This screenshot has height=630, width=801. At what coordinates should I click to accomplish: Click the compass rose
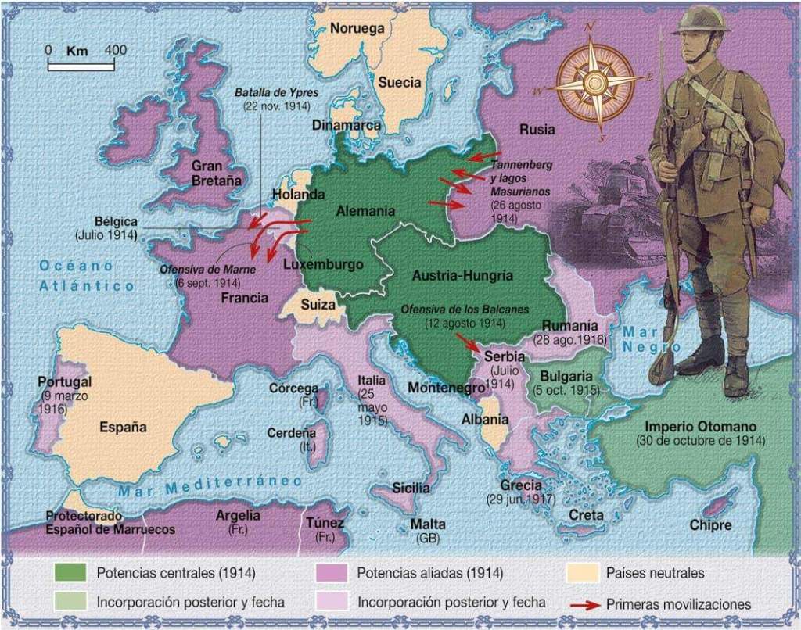596,82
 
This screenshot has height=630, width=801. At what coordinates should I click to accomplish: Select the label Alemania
365,211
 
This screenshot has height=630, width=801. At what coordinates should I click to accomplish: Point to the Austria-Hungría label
462,276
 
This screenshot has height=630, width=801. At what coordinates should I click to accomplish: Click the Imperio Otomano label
700,428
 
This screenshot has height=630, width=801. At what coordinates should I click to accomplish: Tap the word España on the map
124,428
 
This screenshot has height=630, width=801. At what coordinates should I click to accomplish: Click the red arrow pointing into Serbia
469,342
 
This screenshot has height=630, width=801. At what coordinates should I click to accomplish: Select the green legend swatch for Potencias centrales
70,573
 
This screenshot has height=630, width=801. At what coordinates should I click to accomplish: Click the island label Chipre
710,524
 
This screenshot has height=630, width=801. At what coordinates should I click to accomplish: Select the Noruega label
357,29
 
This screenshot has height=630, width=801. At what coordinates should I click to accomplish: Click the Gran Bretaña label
207,173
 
